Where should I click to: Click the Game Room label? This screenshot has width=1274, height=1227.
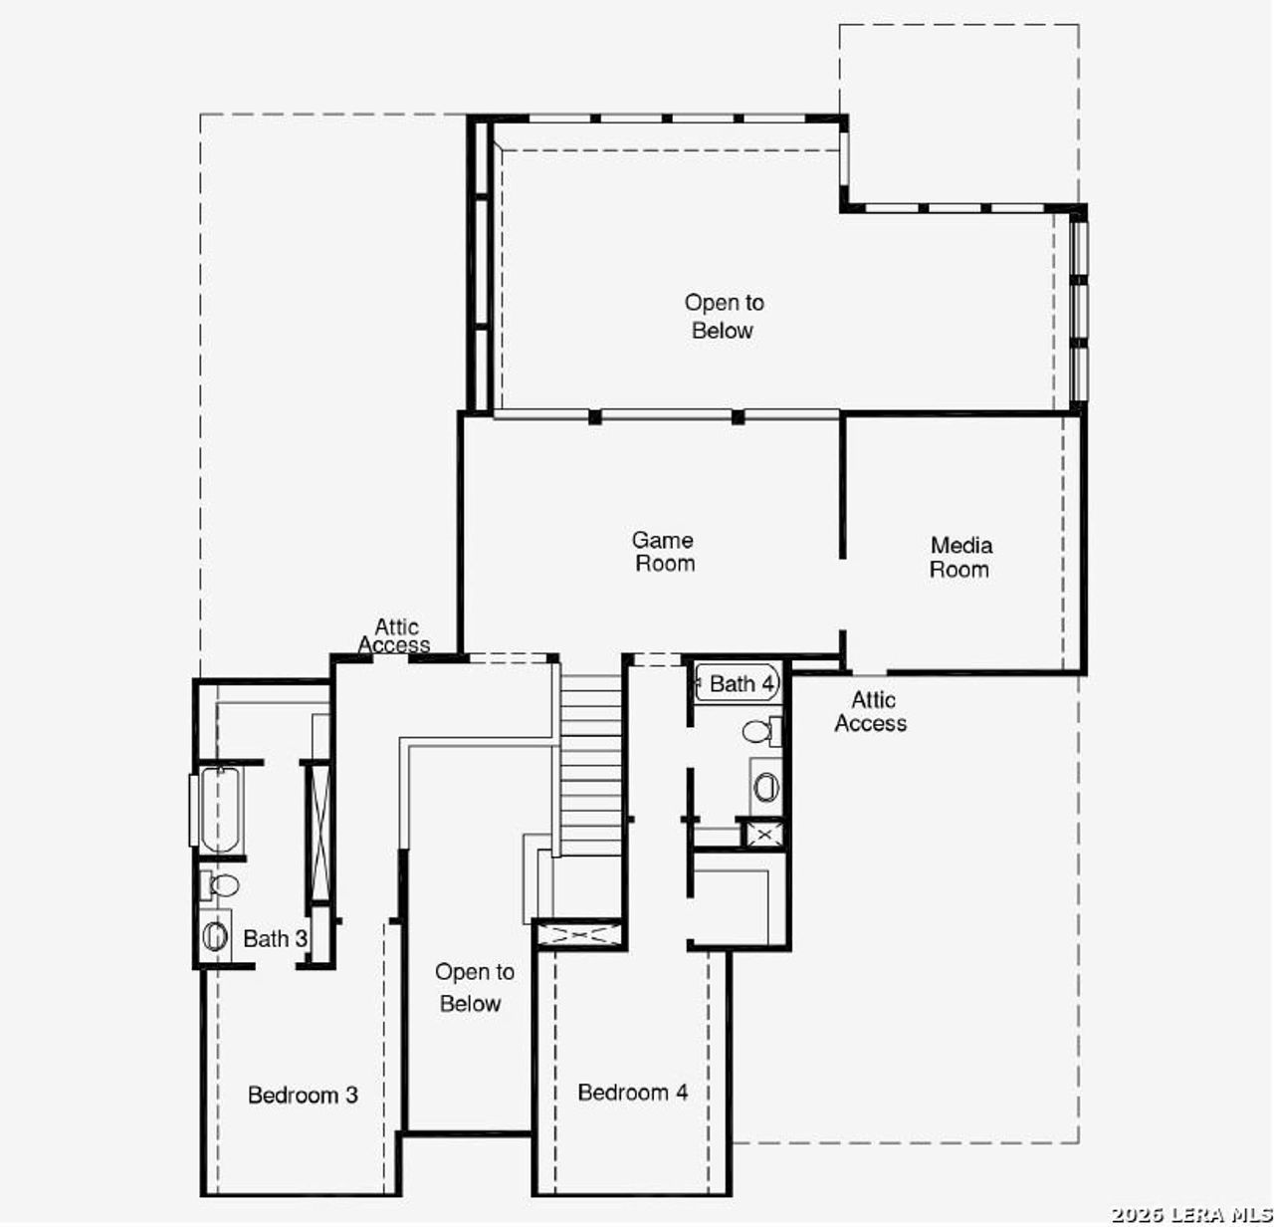[664, 552]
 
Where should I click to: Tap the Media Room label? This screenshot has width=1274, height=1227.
[960, 558]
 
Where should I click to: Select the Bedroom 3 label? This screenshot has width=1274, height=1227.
[303, 1096]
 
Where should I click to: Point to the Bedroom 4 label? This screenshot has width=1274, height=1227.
[633, 1093]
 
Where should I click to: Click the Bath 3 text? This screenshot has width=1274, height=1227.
[275, 938]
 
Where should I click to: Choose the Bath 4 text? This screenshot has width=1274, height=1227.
[742, 684]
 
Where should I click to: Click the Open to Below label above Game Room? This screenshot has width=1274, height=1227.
[724, 317]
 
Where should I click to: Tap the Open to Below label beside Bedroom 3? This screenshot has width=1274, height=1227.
[474, 988]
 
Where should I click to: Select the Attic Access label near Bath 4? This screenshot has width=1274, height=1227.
[871, 712]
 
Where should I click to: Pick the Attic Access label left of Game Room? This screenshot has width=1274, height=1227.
[395, 635]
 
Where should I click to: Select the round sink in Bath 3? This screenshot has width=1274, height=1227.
[215, 935]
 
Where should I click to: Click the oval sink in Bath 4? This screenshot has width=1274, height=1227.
[765, 788]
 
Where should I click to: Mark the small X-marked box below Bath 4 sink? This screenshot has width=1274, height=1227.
[763, 834]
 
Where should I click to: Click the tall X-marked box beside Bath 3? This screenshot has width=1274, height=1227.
[319, 831]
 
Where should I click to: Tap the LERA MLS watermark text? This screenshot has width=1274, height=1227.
[1190, 1214]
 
